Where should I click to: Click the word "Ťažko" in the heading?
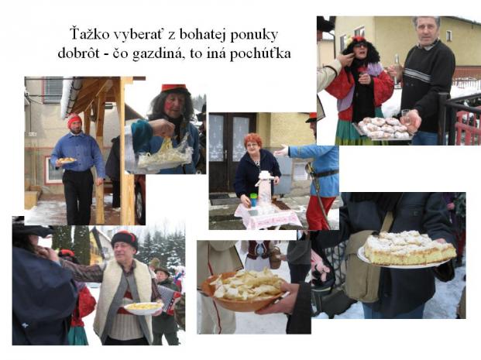(89, 34)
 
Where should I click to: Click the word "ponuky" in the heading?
(254, 36)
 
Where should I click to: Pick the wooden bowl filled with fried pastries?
(246, 290)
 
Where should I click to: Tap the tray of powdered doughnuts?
(383, 129)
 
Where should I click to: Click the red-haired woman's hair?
(253, 140)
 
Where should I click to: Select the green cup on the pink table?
(253, 200)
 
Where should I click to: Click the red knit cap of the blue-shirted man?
(74, 119)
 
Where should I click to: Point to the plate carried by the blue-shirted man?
(67, 160)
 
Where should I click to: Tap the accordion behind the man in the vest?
(168, 298)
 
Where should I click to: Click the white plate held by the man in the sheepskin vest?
(143, 307)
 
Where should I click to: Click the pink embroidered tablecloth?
(267, 217)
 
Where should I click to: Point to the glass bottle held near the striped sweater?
(397, 68)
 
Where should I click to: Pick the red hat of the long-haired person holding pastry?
(174, 88)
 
